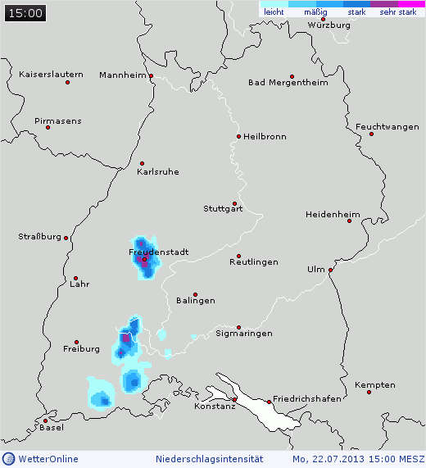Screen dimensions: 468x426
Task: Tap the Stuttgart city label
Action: click(x=223, y=209)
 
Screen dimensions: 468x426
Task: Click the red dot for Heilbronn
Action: click(x=238, y=136)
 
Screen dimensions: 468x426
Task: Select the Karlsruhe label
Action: click(x=158, y=172)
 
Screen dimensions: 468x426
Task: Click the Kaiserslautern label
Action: click(x=51, y=75)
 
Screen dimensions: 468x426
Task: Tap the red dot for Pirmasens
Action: click(x=48, y=127)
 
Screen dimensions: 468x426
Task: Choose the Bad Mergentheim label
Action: click(x=288, y=83)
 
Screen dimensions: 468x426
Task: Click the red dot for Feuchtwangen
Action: click(x=371, y=134)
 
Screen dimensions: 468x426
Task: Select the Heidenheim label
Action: click(x=333, y=215)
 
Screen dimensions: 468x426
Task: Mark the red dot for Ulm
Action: click(x=331, y=270)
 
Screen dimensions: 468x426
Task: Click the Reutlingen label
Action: click(x=253, y=262)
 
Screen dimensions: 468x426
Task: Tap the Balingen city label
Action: click(x=196, y=301)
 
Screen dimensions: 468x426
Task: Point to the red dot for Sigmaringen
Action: click(x=238, y=326)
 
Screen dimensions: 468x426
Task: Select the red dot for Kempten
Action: click(x=369, y=392)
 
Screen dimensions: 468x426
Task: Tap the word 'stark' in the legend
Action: click(x=356, y=12)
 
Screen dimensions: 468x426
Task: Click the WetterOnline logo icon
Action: click(x=8, y=459)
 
